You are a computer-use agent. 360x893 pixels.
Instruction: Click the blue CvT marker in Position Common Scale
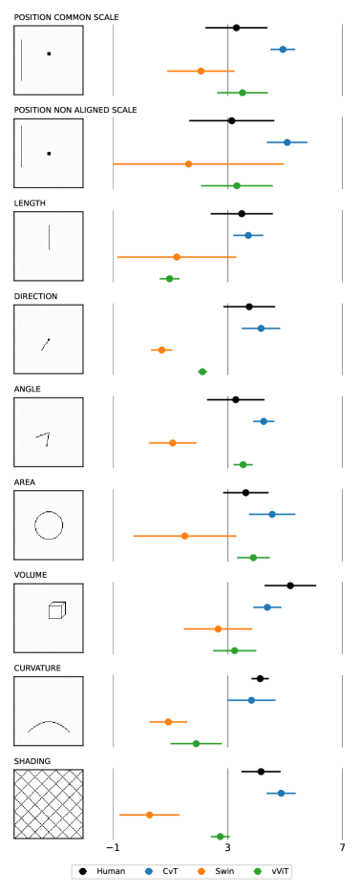[x=283, y=50]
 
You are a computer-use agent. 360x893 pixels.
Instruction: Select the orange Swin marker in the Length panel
[x=177, y=257]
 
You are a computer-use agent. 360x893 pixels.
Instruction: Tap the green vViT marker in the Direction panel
[x=202, y=372]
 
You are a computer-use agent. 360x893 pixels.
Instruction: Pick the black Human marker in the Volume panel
[x=290, y=585]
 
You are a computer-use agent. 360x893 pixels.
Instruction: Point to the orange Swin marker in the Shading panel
[x=149, y=815]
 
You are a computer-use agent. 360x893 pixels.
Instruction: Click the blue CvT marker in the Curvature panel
[x=251, y=700]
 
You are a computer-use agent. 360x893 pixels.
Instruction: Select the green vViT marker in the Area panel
[x=253, y=558]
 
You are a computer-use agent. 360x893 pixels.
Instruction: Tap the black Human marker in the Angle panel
[x=236, y=400]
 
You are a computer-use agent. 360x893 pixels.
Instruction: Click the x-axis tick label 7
[x=343, y=847]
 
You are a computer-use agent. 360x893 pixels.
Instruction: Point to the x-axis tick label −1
[x=114, y=847]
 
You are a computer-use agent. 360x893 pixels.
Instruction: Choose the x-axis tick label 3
[x=228, y=847]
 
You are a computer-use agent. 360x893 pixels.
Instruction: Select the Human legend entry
[x=99, y=871]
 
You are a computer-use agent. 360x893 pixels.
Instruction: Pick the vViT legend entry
[x=272, y=871]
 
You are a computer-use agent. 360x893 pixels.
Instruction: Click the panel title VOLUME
[x=31, y=575]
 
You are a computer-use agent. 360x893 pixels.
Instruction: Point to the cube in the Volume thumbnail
[x=57, y=610]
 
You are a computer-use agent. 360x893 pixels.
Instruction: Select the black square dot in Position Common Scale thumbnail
[x=49, y=53]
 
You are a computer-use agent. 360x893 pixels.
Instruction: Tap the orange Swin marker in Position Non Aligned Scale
[x=188, y=164]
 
